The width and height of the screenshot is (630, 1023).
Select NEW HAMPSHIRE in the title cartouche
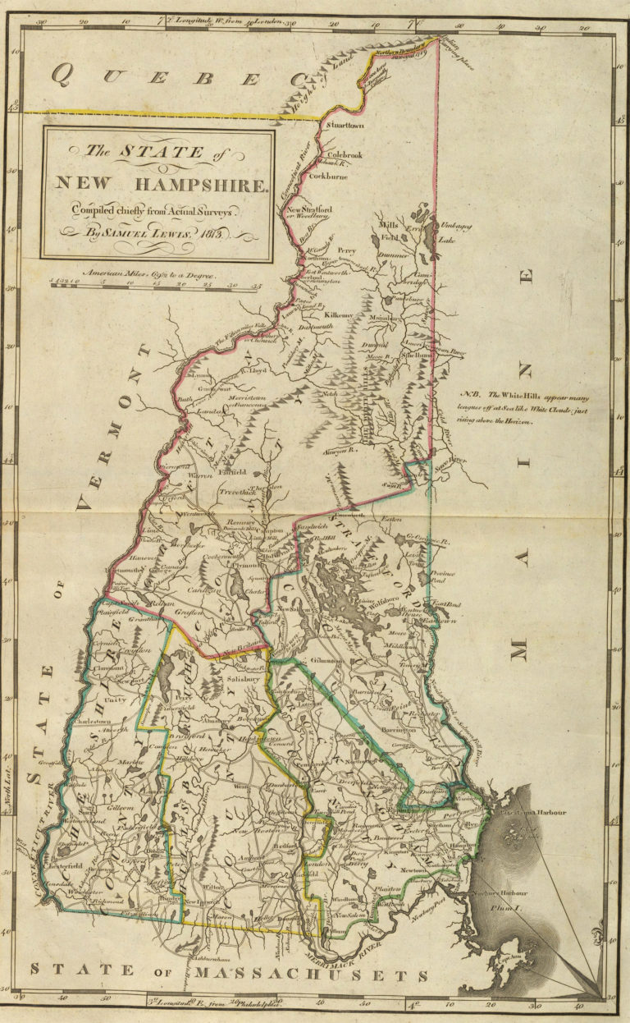coord(161,182)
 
